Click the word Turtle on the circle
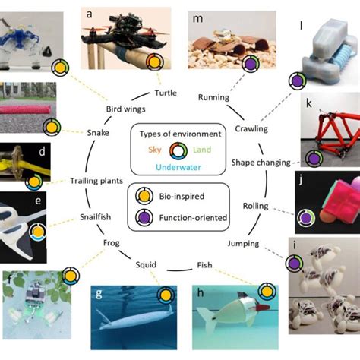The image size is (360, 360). [x=166, y=93]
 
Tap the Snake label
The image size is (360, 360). [x=98, y=134]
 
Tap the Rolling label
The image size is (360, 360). [x=257, y=207]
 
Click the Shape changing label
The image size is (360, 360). [x=261, y=163]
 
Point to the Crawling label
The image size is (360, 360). [x=251, y=128]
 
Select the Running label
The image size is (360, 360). [x=213, y=97]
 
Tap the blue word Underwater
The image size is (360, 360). [x=179, y=167]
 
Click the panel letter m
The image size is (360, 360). [x=197, y=17]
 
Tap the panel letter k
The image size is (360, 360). [x=308, y=102]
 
